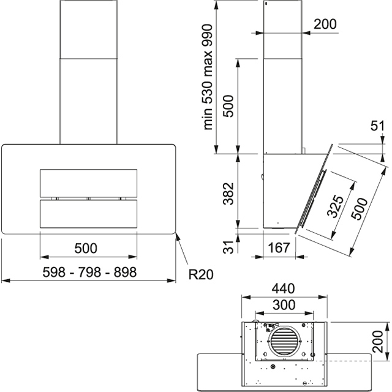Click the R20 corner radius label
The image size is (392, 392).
200,274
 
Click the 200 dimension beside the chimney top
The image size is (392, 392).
325,24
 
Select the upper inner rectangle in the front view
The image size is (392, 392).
88,183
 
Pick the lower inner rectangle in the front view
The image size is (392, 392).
88,214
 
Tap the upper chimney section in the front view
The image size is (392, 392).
89,29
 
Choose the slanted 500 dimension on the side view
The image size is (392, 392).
361,208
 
